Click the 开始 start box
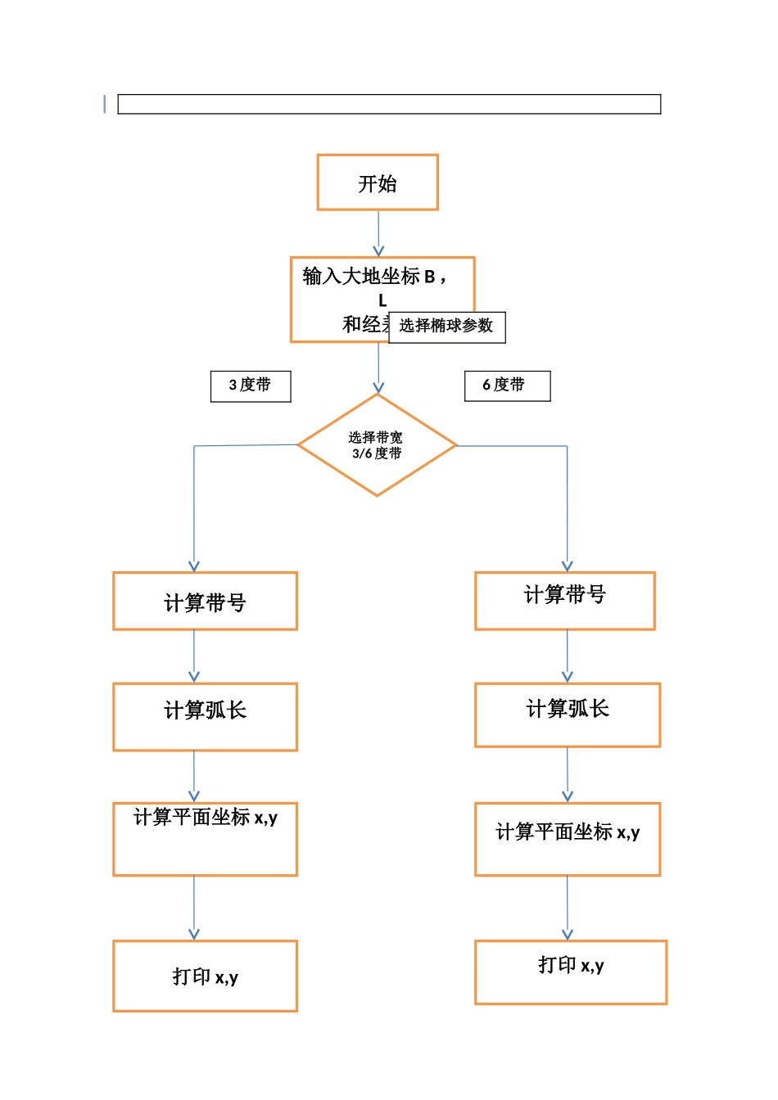378,183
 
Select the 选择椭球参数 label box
446,327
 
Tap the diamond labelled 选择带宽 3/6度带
377,445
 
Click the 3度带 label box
251,385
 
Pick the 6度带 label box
507,385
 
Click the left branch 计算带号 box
205,601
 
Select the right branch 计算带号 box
564,601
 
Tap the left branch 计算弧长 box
205,716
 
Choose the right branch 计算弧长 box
567,715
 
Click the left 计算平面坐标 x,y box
205,839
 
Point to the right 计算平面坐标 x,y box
567,839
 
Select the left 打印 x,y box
205,976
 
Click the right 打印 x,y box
570,972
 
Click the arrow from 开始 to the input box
378,234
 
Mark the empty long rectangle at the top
389,104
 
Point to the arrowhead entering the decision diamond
378,387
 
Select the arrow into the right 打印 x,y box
568,908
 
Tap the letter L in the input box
382,300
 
